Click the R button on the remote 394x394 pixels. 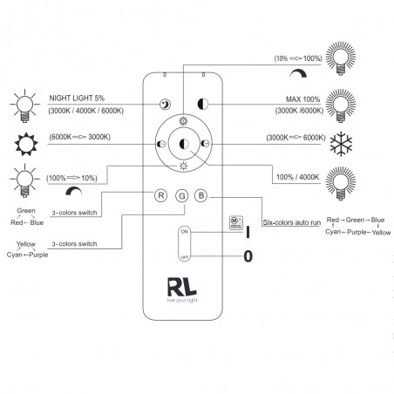point(160,196)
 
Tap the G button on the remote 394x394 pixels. point(181,196)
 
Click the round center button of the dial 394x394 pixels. point(183,143)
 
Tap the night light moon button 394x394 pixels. point(164,104)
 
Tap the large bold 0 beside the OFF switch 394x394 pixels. point(248,256)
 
